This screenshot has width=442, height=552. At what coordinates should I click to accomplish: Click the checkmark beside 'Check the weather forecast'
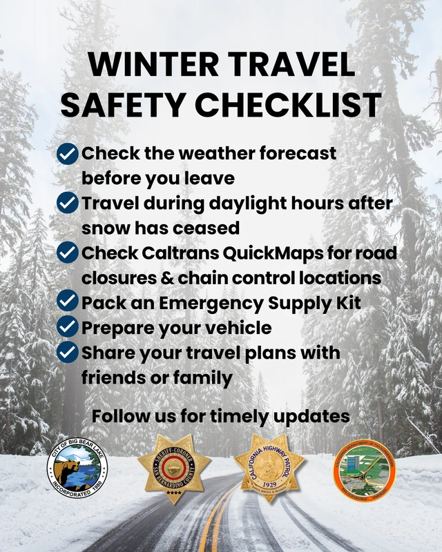tap(68, 153)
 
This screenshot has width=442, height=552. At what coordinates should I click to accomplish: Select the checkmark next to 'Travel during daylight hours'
tap(68, 203)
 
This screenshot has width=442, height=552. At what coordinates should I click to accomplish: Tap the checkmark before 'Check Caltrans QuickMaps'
tap(68, 253)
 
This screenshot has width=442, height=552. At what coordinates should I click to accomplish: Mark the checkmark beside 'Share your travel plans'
tap(68, 352)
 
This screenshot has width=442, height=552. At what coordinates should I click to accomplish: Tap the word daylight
tap(247, 204)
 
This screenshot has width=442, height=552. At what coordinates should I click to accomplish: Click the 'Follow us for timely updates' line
tap(221, 417)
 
